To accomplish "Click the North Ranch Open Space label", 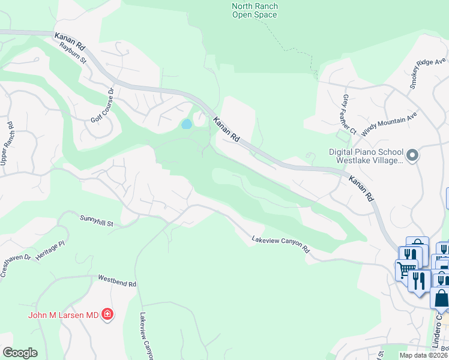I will coord(255,10).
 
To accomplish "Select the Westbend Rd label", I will coord(118,280).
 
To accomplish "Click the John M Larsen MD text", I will coord(62,314).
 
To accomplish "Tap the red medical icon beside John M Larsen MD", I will coord(107,314).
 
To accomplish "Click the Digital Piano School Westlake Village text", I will coord(366,157).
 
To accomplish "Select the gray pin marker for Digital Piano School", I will coord(412,156).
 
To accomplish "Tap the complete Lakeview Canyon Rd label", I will coord(280,242).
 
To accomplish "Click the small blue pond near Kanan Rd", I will coord(187,124).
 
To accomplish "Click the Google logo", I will coord(20,353).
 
